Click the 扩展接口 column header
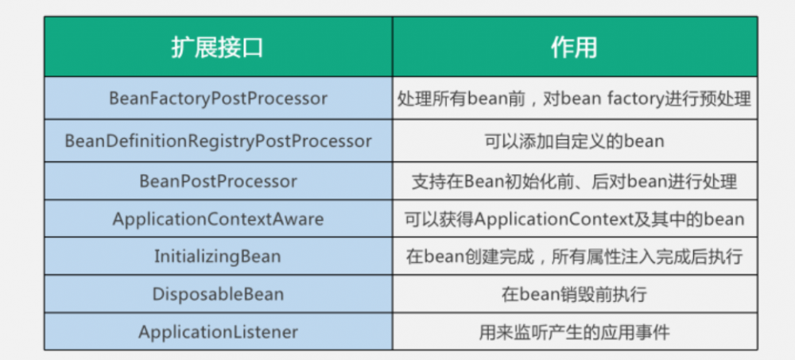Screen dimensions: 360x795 pos(217,48)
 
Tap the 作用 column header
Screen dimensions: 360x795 pos(574,48)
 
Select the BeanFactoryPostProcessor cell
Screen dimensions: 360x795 pos(218,99)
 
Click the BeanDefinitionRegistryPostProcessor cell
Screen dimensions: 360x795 pos(218,141)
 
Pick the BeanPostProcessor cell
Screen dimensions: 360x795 pos(218,181)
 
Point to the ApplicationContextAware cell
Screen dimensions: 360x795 pos(218,219)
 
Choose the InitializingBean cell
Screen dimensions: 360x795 pos(218,257)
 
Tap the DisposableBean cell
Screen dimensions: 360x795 pos(218,294)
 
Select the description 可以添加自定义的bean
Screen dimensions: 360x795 pos(574,141)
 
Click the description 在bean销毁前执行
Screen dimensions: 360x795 pos(574,294)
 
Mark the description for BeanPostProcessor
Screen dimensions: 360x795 pos(574,181)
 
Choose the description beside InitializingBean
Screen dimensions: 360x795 pos(574,257)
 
